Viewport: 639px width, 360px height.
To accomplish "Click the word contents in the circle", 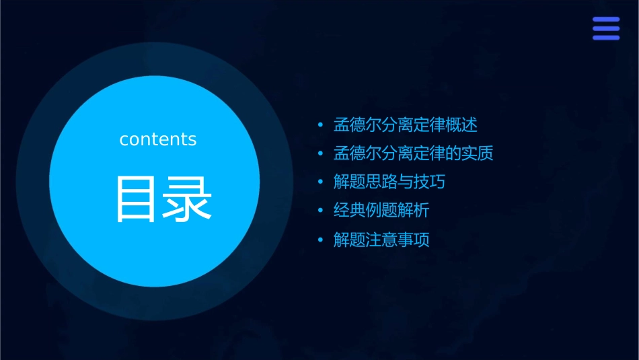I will (158, 139).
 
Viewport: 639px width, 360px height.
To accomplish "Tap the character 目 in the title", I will (137, 199).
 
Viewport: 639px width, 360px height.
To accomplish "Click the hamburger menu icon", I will (605, 28).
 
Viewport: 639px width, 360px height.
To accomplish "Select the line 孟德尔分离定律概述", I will (406, 124).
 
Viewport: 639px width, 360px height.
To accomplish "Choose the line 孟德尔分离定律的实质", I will (414, 153).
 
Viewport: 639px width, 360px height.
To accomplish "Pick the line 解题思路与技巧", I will (389, 182).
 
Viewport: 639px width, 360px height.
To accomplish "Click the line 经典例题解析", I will (381, 211).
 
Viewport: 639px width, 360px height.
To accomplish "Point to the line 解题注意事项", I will (381, 240).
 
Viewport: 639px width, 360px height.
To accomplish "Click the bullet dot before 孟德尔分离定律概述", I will (321, 125).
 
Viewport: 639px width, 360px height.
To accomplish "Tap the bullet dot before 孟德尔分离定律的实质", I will (321, 154).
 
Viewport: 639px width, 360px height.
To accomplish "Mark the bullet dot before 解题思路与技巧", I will (321, 182).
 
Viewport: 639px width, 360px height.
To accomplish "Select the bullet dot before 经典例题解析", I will (321, 211).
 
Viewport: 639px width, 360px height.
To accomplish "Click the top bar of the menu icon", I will (605, 20).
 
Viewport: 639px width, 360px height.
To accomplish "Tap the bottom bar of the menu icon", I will (605, 38).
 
